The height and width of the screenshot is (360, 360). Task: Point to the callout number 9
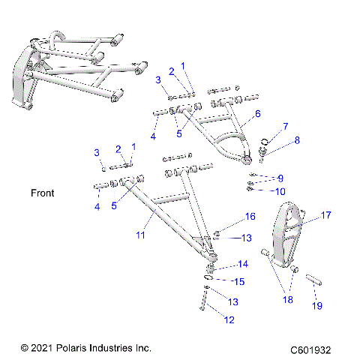point(280,178)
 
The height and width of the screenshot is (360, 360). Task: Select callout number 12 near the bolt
point(229,319)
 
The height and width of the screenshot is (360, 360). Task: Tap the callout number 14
point(242,264)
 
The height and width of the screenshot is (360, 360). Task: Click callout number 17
point(326,214)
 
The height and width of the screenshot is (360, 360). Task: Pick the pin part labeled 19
point(313,280)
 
